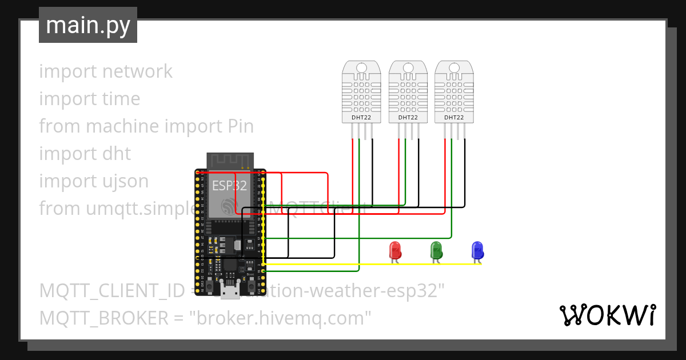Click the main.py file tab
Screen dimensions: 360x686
(87, 25)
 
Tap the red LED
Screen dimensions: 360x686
(394, 250)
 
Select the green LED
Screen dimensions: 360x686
(436, 250)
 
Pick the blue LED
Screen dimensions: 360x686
(477, 250)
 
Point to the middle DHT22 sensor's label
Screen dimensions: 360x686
(408, 117)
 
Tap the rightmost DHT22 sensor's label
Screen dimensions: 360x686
(454, 117)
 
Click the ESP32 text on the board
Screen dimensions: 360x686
(229, 185)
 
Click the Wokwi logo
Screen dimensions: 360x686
(607, 315)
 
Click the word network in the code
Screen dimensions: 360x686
(137, 71)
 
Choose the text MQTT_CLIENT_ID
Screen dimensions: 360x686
(112, 290)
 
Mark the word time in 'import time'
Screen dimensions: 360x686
(121, 99)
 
